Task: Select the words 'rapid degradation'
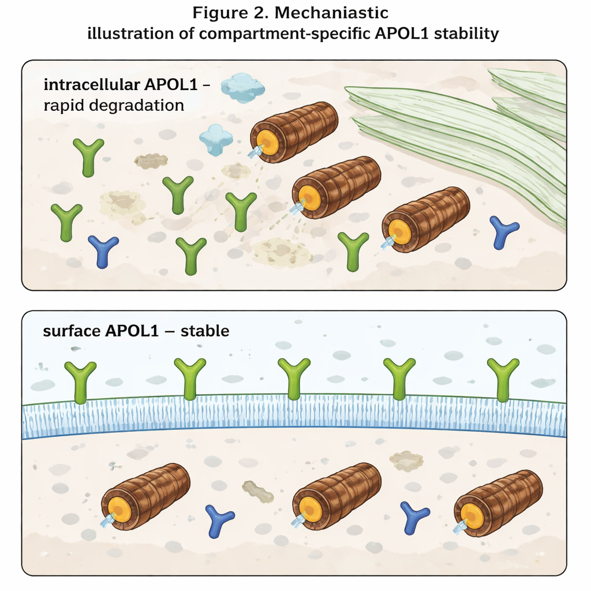(x=114, y=105)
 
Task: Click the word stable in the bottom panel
(x=205, y=331)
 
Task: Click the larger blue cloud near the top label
(x=243, y=87)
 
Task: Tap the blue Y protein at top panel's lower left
(x=103, y=250)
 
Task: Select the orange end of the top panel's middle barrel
(x=310, y=198)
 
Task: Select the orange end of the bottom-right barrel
(x=472, y=515)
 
